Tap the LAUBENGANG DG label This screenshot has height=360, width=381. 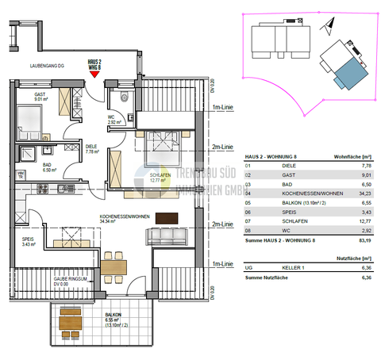tap(46, 66)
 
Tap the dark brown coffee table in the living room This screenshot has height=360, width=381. tap(168, 218)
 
